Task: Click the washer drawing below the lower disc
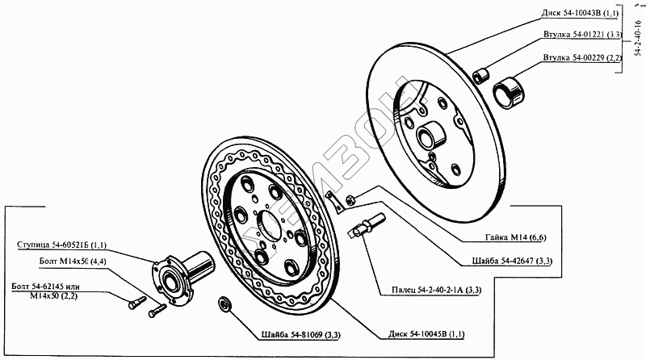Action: click(x=224, y=304)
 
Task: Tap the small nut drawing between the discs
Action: click(x=350, y=200)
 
